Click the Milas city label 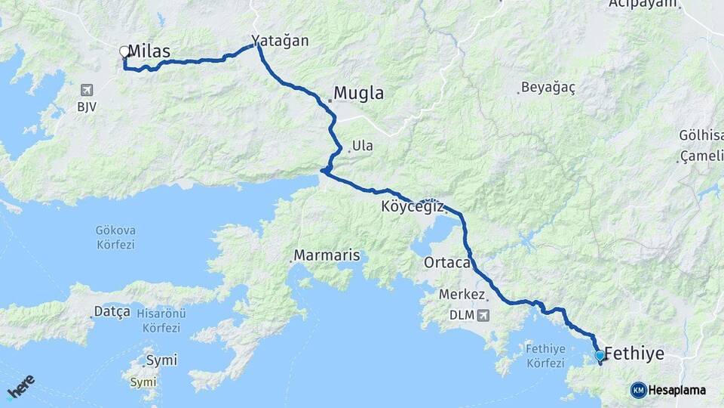coord(149,51)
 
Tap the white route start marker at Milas coord(124,52)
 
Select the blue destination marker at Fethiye coord(600,355)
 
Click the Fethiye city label coord(634,354)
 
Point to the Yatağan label coord(281,41)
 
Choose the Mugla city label coord(358,94)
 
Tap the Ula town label coord(363,146)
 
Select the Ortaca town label coord(448,263)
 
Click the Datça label coord(112,311)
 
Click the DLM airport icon coord(483,314)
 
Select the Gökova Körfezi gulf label coord(115,237)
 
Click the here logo coord(20,386)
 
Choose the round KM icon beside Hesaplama coord(638,390)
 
